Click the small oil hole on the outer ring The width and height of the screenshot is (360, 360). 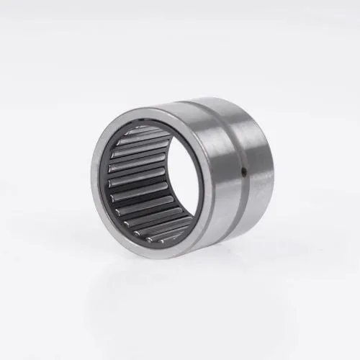point(244,171)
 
